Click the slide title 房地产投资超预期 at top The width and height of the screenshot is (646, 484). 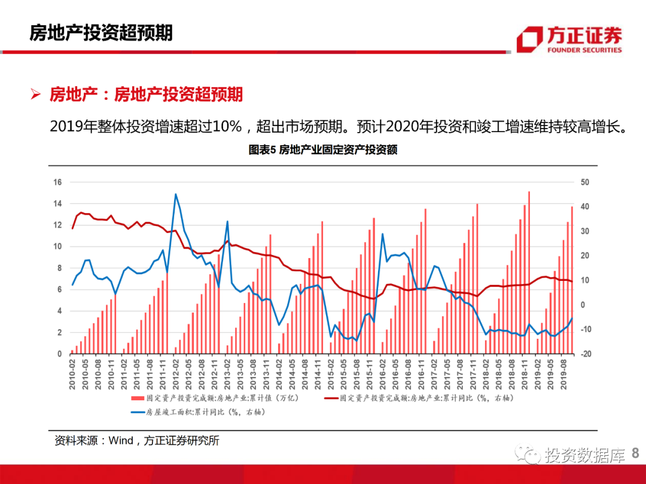click(101, 33)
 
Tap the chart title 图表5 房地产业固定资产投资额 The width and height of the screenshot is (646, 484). click(323, 150)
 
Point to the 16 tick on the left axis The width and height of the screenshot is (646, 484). click(58, 182)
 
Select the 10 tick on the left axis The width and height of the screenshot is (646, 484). click(58, 247)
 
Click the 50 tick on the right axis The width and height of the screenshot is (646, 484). click(585, 182)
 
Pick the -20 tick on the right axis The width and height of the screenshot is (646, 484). click(585, 354)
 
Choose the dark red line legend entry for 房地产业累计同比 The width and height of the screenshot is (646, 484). click(419, 397)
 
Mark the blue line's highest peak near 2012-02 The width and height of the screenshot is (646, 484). click(176, 194)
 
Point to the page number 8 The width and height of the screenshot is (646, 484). click(635, 454)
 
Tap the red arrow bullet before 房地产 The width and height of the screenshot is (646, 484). click(35, 95)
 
